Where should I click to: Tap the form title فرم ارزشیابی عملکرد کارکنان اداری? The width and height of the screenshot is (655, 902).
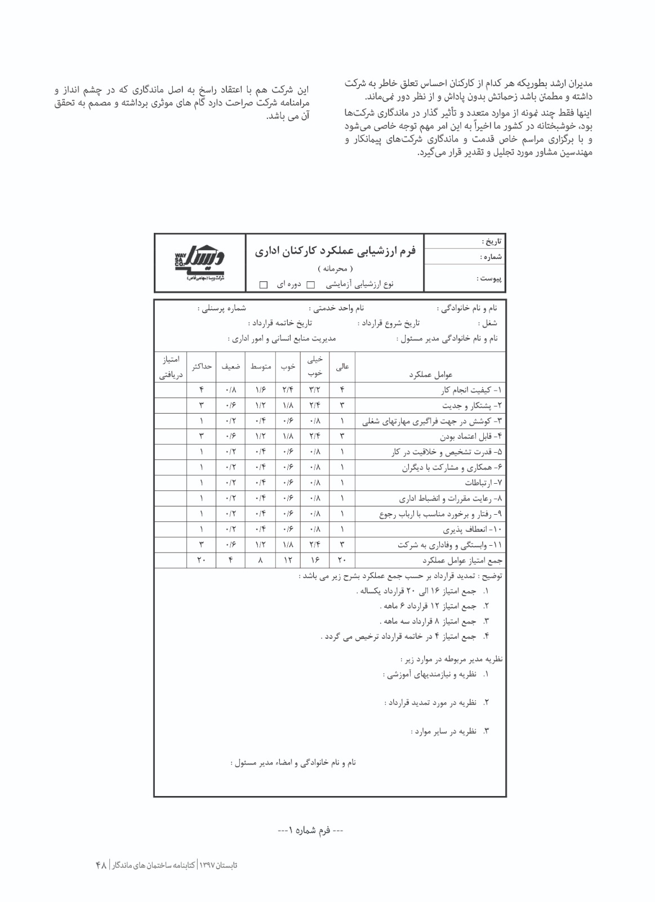(x=335, y=251)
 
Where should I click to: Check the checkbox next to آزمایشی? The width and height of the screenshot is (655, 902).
(x=310, y=285)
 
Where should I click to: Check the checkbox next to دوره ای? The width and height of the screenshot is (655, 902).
(x=263, y=285)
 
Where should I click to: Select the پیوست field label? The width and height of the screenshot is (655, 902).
(x=490, y=278)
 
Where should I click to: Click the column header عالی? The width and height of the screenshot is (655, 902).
(x=342, y=366)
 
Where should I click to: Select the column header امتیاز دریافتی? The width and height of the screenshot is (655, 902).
(x=170, y=366)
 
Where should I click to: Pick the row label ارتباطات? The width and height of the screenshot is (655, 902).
(x=484, y=483)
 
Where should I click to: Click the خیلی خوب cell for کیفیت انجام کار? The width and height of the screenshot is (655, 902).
(x=315, y=390)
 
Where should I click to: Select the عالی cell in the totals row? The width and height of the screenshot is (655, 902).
(x=342, y=560)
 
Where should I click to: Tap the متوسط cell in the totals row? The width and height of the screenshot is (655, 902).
(x=261, y=560)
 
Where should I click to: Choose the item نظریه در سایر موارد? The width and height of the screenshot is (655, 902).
(x=449, y=731)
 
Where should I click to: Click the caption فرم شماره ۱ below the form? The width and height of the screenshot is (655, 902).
(x=310, y=830)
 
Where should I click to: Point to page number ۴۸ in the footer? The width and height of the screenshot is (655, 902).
(x=101, y=865)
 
